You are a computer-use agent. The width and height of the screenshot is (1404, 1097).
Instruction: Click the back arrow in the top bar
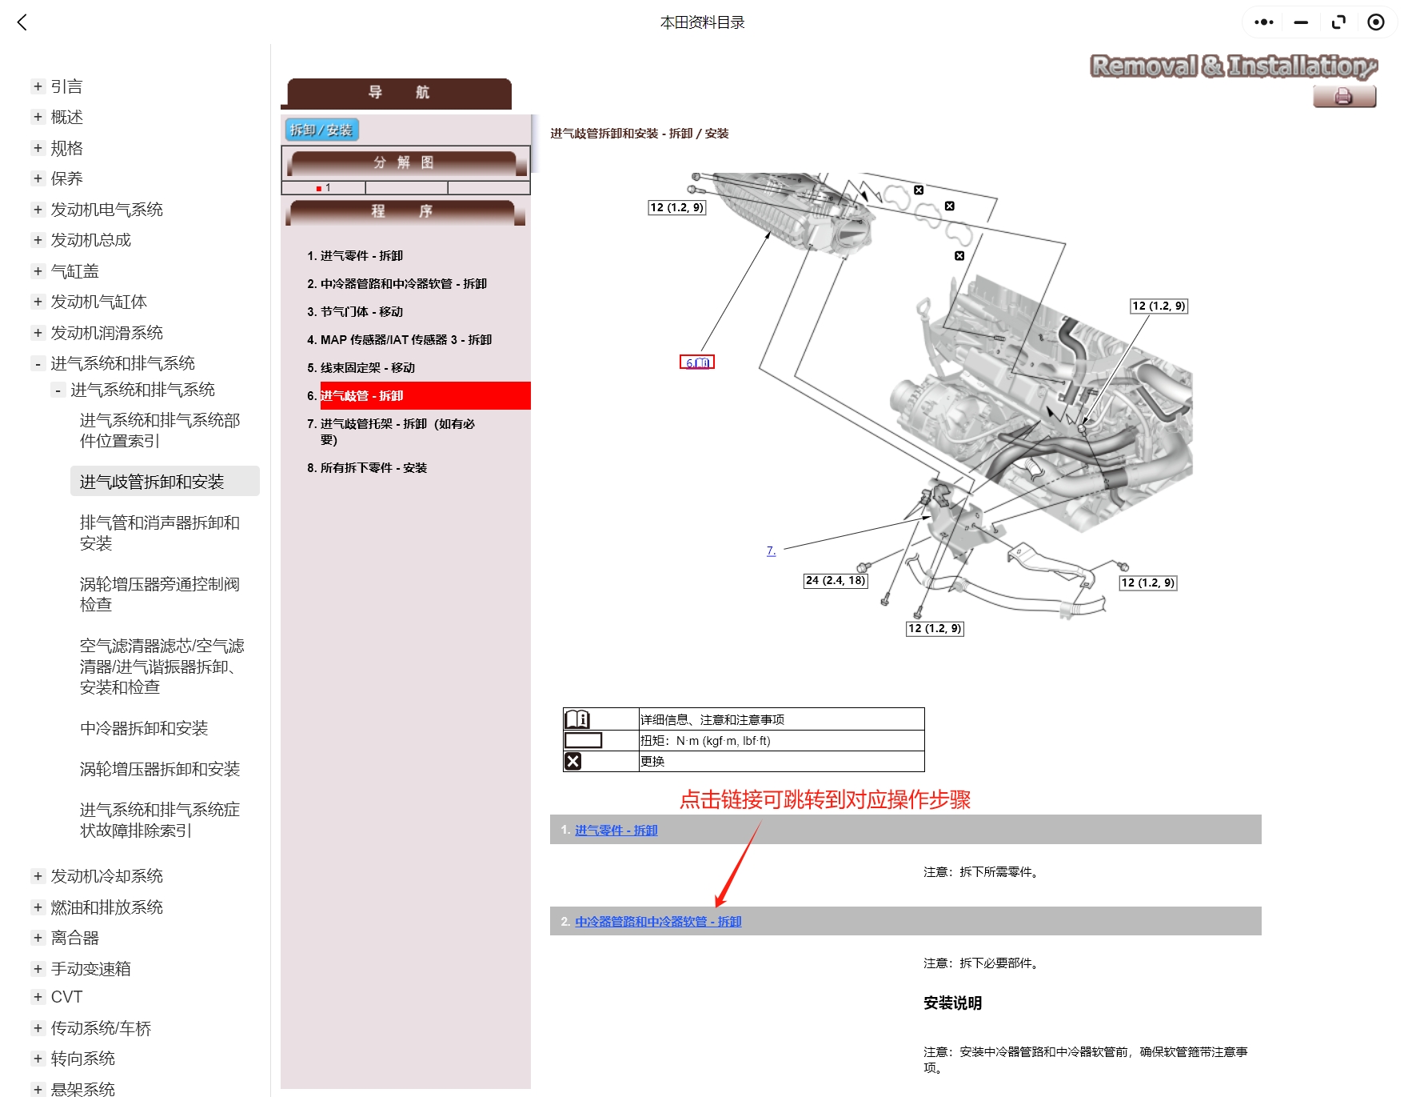[22, 22]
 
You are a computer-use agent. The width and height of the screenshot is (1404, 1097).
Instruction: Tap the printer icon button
[1343, 97]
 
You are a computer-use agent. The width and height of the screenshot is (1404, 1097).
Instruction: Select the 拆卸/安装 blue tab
[321, 130]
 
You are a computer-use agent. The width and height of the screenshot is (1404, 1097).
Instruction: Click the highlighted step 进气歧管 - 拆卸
[361, 396]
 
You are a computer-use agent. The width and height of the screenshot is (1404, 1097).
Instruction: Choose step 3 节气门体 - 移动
[361, 312]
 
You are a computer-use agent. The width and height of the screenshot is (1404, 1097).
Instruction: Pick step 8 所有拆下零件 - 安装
[373, 468]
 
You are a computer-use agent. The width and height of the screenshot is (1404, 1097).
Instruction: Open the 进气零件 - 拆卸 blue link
[616, 831]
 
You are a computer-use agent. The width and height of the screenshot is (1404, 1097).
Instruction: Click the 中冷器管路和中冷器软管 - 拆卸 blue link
[658, 922]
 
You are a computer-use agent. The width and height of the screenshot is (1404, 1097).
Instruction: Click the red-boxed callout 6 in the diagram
[696, 362]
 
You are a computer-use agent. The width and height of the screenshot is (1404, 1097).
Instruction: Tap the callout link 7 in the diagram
[771, 551]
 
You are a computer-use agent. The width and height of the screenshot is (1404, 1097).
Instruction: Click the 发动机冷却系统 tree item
[106, 876]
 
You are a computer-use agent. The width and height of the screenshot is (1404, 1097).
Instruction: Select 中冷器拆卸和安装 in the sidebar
[144, 728]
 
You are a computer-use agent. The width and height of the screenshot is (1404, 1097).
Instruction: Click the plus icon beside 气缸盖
[38, 271]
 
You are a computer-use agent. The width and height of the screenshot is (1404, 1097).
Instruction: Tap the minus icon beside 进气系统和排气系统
[38, 364]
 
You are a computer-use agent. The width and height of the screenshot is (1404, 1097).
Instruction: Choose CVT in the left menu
[66, 997]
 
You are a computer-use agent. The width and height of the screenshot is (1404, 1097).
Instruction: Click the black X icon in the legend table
[573, 761]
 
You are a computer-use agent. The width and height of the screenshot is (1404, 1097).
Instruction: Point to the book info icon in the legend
[576, 719]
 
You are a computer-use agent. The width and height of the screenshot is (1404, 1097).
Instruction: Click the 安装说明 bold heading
[952, 1003]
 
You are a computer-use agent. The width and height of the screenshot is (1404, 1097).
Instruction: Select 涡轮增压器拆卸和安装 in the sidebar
[160, 769]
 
